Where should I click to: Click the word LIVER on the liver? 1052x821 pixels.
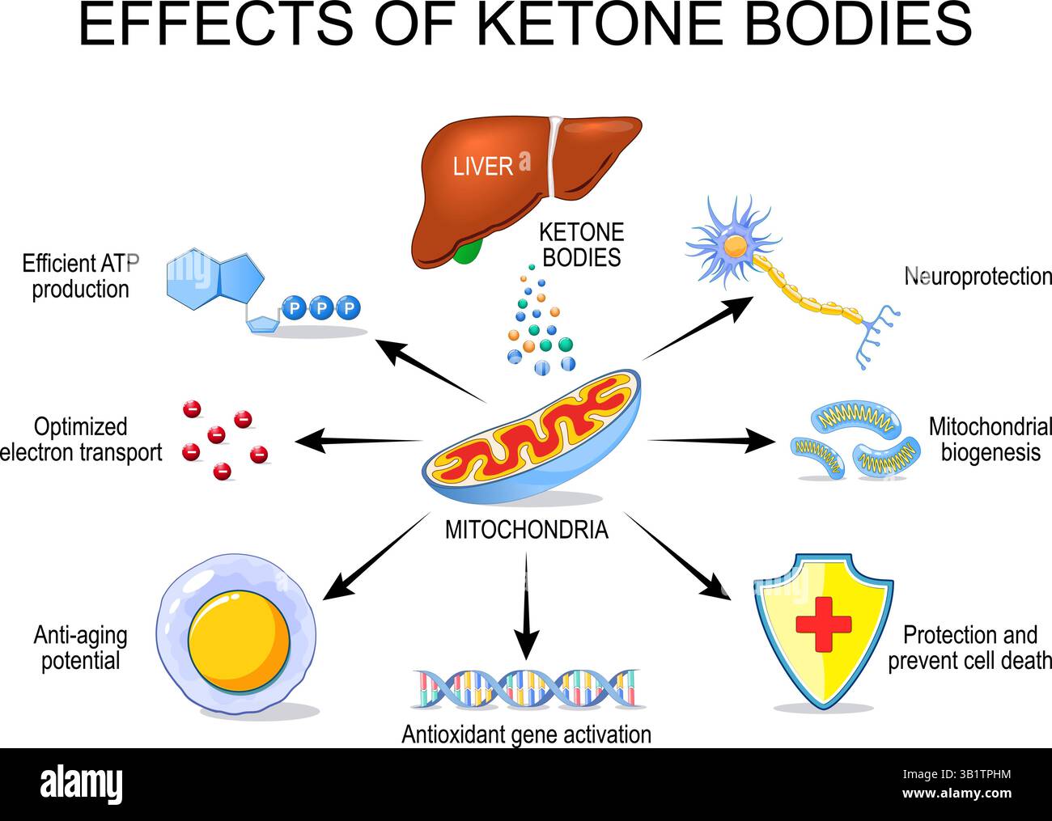click(x=482, y=167)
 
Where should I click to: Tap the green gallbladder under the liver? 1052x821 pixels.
click(x=468, y=251)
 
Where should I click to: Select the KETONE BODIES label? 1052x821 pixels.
click(x=581, y=245)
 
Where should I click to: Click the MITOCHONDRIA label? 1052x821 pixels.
click(x=526, y=531)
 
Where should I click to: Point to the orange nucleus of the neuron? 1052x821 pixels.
click(x=735, y=246)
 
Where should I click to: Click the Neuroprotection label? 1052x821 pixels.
click(x=978, y=277)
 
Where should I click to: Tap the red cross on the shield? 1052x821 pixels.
click(x=824, y=624)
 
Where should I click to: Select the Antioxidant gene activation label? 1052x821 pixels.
click(x=526, y=734)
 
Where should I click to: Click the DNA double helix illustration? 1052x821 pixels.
click(x=527, y=688)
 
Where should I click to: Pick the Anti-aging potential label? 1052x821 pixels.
click(x=80, y=648)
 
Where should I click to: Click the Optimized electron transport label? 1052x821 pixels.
click(x=81, y=440)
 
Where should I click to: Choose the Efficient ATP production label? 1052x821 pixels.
click(x=81, y=277)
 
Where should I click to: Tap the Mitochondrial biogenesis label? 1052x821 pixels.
click(x=990, y=440)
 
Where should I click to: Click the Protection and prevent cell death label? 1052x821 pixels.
click(x=969, y=648)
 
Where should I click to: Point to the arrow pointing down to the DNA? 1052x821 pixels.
click(x=526, y=606)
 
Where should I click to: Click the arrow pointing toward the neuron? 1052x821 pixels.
click(x=698, y=329)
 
